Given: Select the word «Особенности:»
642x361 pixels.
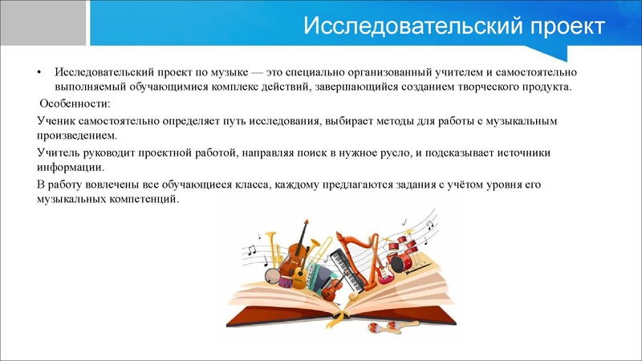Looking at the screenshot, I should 76,104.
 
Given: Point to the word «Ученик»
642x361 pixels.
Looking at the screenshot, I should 58,121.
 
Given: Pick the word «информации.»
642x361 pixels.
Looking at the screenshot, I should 71,168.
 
